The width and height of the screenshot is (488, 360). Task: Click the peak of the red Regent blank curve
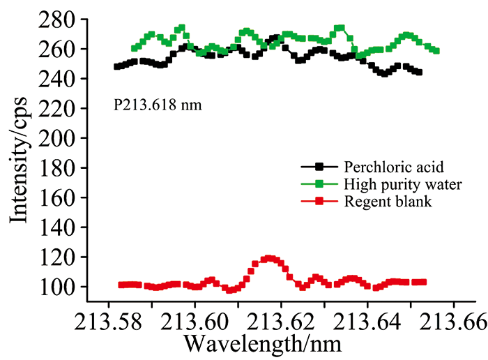268,258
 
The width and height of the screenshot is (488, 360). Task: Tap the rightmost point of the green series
436,50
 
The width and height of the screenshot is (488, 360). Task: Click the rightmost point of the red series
423,282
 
